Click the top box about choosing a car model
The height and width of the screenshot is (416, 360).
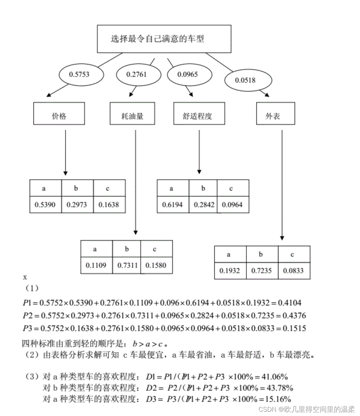tap(164, 39)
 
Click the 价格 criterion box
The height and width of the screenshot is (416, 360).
tap(59, 116)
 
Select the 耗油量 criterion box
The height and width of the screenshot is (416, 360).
tap(132, 116)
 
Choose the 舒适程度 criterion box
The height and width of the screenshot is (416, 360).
tap(199, 116)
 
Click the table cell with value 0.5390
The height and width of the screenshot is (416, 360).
tap(45, 205)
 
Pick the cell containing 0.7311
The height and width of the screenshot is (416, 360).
tap(127, 265)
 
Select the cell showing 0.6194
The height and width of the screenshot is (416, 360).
tap(173, 205)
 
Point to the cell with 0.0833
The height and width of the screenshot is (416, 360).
tap(293, 271)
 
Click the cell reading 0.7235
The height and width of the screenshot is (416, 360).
tap(262, 271)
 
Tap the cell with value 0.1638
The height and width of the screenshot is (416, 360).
tap(109, 205)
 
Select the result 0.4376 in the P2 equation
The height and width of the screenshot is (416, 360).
tap(293, 316)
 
